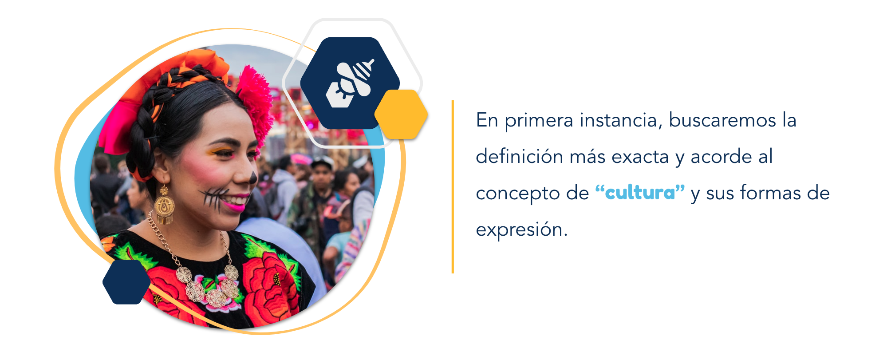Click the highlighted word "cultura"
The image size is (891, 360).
[x=640, y=193]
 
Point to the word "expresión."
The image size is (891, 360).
[x=522, y=229]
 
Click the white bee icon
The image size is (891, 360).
[x=350, y=83]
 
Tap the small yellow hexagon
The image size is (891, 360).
[x=401, y=115]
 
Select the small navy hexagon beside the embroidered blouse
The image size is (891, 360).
[x=126, y=282]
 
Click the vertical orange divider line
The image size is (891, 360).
[x=453, y=186]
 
